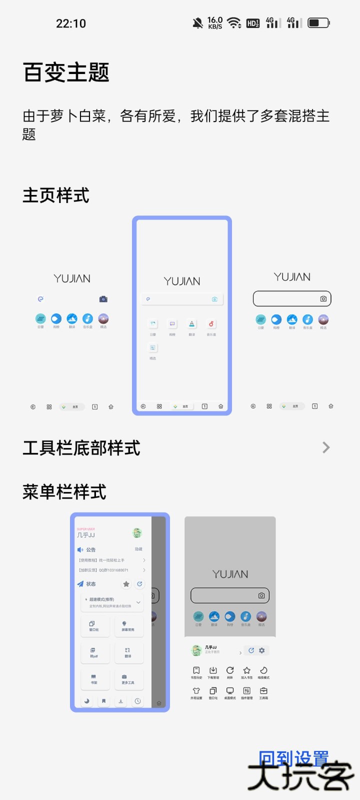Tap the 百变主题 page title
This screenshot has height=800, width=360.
pyautogui.click(x=66, y=72)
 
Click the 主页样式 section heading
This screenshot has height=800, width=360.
pyautogui.click(x=56, y=195)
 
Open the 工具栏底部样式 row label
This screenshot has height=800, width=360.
pyautogui.click(x=81, y=448)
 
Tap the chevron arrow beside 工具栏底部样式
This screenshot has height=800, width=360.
pyautogui.click(x=326, y=447)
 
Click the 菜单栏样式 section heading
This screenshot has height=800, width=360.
pyautogui.click(x=64, y=492)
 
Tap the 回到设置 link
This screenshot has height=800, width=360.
pyautogui.click(x=293, y=759)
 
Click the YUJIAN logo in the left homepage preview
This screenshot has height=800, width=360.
pyautogui.click(x=72, y=278)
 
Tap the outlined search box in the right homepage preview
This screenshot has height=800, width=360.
pyautogui.click(x=292, y=298)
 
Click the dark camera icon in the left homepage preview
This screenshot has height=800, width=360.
pyautogui.click(x=103, y=299)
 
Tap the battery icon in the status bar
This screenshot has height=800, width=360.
pyautogui.click(x=318, y=22)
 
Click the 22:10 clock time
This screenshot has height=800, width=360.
pyautogui.click(x=71, y=23)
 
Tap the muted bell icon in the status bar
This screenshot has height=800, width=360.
pyautogui.click(x=198, y=22)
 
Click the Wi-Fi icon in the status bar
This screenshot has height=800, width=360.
pyautogui.click(x=233, y=22)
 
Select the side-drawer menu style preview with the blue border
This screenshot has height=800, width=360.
pyautogui.click(x=120, y=612)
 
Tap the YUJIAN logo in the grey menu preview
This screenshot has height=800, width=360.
pyautogui.click(x=230, y=574)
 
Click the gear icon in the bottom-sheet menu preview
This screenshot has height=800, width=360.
pyautogui.click(x=261, y=650)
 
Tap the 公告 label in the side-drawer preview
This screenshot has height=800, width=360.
pyautogui.click(x=90, y=549)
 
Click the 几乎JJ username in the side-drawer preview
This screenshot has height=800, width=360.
pyautogui.click(x=86, y=535)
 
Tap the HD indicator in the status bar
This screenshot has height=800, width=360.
pyautogui.click(x=253, y=23)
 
